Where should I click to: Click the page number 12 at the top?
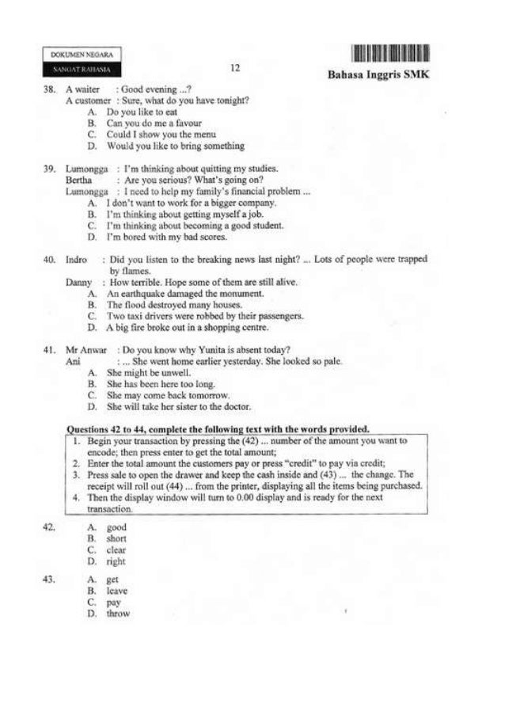coord(234,68)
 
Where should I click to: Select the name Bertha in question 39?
coord(78,180)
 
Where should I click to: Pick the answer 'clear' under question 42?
coord(116,550)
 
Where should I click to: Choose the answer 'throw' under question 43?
coord(118,613)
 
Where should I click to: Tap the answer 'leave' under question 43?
coord(117,591)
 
